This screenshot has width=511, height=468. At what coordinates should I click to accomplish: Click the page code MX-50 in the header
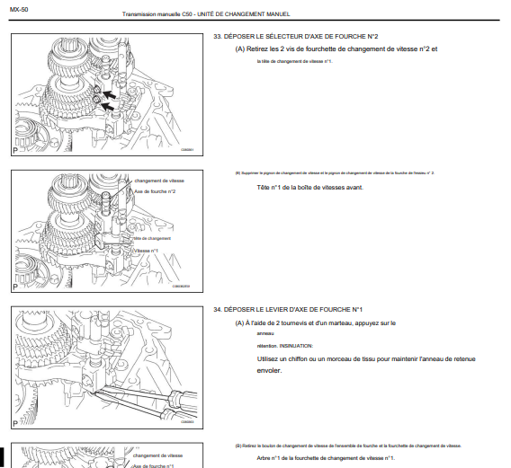click(20, 8)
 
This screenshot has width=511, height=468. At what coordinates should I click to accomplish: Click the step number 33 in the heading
click(217, 37)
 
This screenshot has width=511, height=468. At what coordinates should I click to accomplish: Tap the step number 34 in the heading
click(217, 309)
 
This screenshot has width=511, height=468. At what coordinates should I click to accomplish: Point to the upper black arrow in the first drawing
click(108, 93)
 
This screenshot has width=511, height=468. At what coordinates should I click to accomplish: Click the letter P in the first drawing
click(15, 149)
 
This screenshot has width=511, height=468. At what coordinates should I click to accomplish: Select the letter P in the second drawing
click(15, 287)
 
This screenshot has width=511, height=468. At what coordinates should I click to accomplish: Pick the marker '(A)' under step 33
click(240, 49)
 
